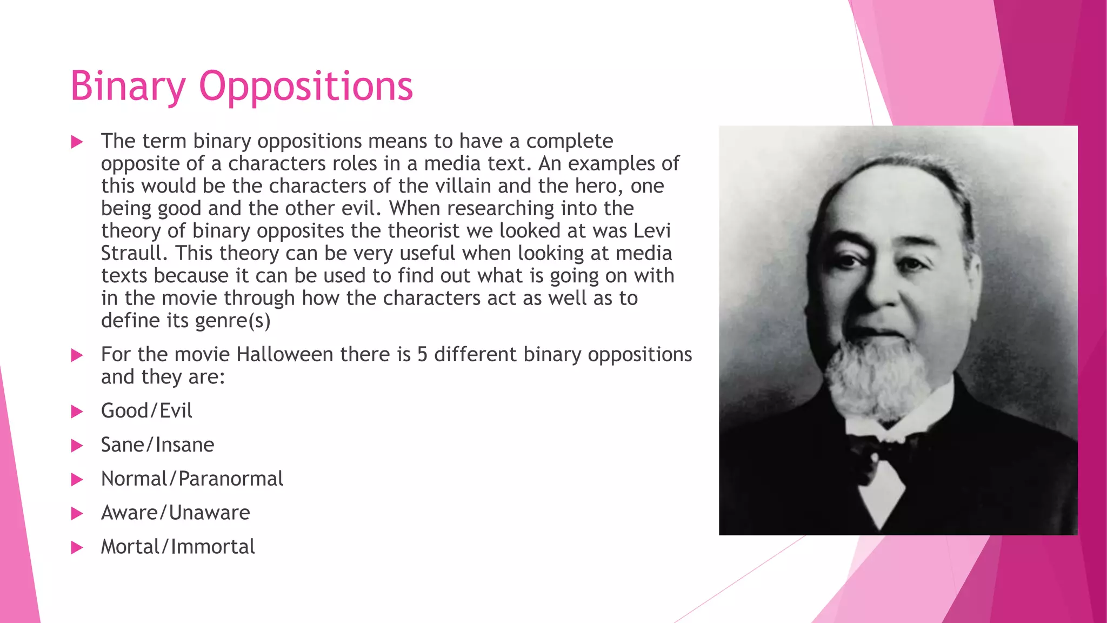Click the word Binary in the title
(128, 87)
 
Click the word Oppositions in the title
(306, 87)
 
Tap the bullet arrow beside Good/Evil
(77, 412)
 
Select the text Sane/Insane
(157, 445)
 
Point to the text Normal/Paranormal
(192, 479)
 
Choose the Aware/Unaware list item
(175, 513)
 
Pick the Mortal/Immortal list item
(177, 547)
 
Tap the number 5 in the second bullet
(422, 355)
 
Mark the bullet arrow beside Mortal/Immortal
(77, 548)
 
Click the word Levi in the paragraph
(652, 231)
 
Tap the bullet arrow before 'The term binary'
(77, 142)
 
